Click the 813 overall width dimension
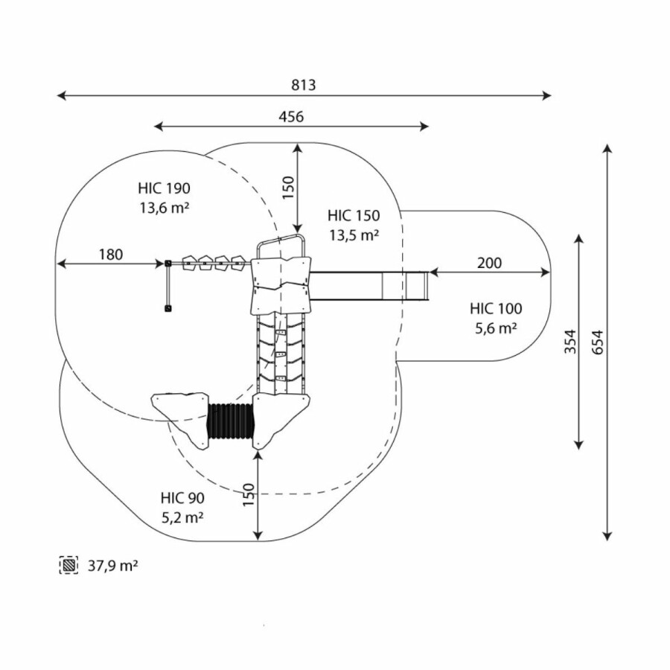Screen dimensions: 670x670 click(x=303, y=85)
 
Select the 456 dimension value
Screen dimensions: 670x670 click(x=291, y=116)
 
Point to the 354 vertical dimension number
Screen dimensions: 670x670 click(x=568, y=342)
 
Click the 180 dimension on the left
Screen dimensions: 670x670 click(x=110, y=255)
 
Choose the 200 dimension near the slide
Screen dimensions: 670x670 click(x=489, y=263)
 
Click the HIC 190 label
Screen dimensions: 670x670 click(x=164, y=188)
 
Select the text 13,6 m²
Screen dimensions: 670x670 click(x=164, y=208)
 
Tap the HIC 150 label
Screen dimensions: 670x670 click(x=354, y=216)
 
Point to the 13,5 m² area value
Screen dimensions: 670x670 click(x=354, y=236)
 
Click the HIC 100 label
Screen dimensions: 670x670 click(x=496, y=308)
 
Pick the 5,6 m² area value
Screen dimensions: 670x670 click(x=496, y=328)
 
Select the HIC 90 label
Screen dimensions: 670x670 click(x=182, y=498)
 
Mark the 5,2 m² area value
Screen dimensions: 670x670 click(x=182, y=517)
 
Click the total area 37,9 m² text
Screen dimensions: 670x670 click(x=113, y=566)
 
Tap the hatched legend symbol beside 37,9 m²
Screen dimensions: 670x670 click(x=69, y=566)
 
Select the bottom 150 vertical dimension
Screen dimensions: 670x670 click(x=249, y=496)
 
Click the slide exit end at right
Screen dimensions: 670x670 click(x=416, y=286)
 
